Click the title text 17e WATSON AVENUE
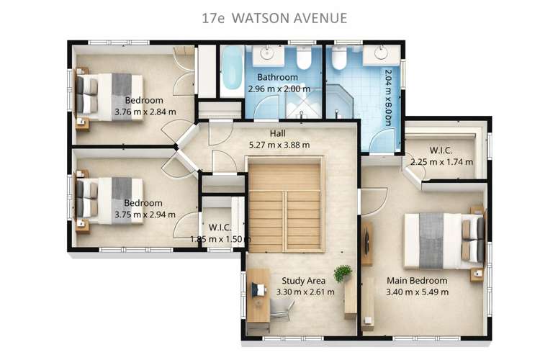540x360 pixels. coord(270,17)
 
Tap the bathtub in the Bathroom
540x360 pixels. coord(233,70)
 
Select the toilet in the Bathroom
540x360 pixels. coord(304,58)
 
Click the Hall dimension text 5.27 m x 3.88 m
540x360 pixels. coord(279,145)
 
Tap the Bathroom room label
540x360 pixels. coord(278,78)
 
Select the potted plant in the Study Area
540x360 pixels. coord(343,273)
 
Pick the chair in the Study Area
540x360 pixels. coord(283,309)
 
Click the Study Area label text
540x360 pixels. coord(303,281)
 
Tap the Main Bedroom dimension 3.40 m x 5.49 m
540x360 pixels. coord(418,292)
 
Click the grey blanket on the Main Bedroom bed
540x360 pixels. coord(429,240)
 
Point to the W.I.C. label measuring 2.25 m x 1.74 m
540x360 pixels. coord(440,150)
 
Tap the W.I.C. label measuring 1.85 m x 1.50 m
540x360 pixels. coord(220,228)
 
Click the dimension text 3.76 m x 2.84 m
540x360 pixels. coord(144,112)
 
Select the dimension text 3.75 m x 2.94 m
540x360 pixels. coord(143,215)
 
